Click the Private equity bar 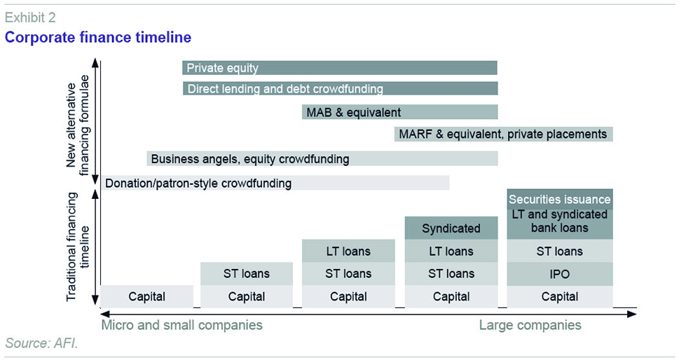339,68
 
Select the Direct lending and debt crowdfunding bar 340,89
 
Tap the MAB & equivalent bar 399,112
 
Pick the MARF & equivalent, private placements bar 504,134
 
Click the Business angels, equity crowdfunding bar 322,159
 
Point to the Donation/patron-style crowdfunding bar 275,183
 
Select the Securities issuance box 560,199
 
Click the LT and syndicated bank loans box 560,224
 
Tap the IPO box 560,274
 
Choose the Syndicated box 451,228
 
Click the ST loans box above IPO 560,251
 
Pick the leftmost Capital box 146,296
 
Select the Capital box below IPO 560,296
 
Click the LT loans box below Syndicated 451,251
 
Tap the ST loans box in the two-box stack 247,273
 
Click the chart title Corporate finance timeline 98,37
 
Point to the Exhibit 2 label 30,18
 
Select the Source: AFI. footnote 41,343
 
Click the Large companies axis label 530,326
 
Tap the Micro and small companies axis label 182,326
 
